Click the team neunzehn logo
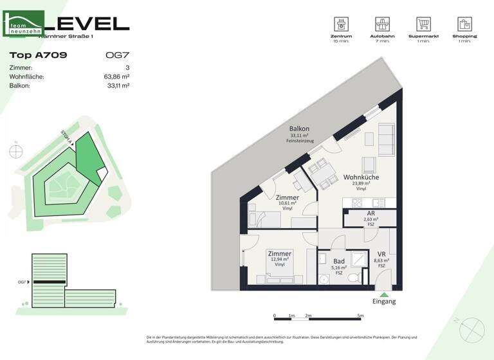(x=24, y=24)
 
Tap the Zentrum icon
(x=341, y=24)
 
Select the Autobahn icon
(x=382, y=24)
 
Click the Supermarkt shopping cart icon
(x=423, y=24)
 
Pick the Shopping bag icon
(x=464, y=24)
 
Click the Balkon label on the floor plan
(x=299, y=129)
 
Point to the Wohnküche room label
(x=361, y=176)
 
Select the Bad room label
(x=338, y=260)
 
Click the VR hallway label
(x=381, y=253)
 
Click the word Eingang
(x=384, y=301)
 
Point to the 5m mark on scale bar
(x=360, y=316)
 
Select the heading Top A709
(x=39, y=55)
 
